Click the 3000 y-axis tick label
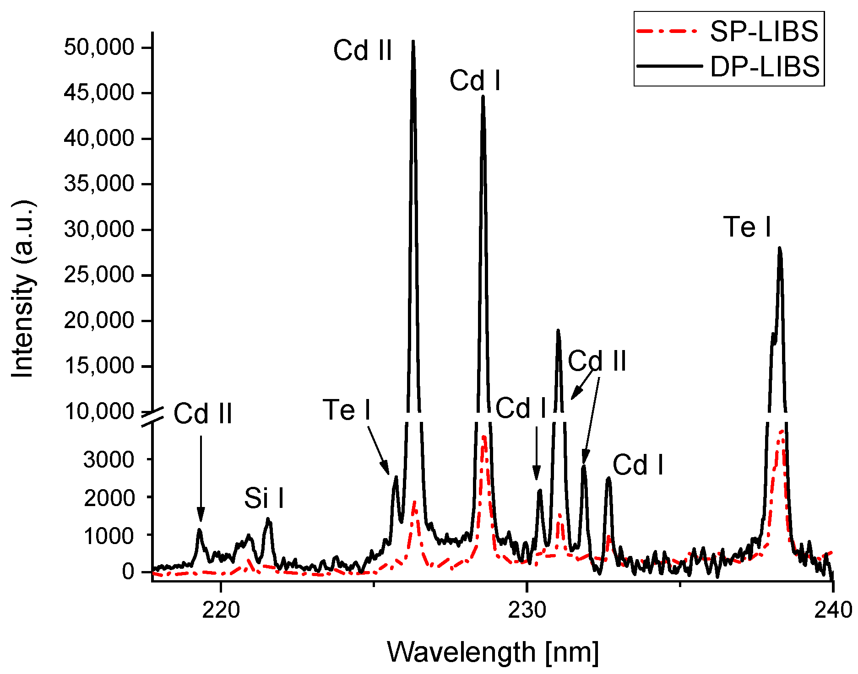click(109, 459)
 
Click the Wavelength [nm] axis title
click(493, 652)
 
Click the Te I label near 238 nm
click(747, 227)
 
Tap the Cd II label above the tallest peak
click(362, 50)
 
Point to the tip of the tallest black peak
click(413, 41)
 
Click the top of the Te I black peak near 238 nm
click(779, 248)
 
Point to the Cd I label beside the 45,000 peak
click(475, 81)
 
